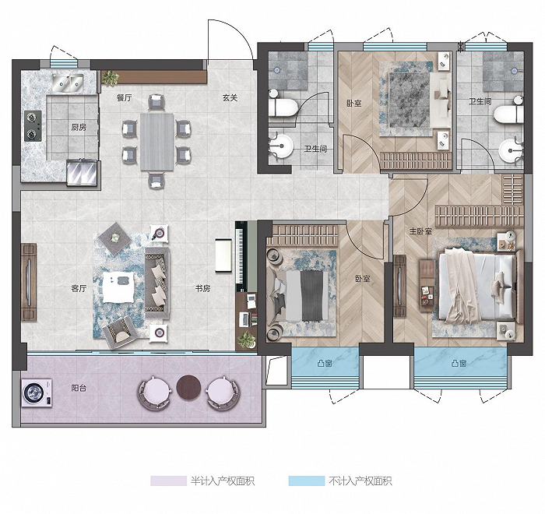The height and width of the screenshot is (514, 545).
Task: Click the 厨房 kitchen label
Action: [79, 127]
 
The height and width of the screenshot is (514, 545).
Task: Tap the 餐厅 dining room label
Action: [124, 97]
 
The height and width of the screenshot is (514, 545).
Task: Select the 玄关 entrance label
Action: [230, 97]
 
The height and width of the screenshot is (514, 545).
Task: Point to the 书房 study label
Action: [202, 288]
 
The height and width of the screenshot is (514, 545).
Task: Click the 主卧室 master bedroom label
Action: [420, 231]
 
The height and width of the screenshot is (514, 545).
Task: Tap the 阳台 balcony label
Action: [79, 388]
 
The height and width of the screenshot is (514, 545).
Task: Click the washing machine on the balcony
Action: [37, 393]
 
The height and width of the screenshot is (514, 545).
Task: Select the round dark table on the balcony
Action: [188, 387]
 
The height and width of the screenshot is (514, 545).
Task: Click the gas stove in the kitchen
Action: [33, 126]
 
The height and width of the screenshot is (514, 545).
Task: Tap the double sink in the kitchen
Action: [68, 83]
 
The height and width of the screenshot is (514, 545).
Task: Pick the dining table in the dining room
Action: [156, 142]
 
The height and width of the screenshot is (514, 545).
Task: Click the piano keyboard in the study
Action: [241, 256]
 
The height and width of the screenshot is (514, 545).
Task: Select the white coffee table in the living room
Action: [118, 287]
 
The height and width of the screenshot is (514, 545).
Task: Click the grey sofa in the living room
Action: [157, 283]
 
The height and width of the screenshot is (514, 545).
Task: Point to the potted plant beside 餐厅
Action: [111, 78]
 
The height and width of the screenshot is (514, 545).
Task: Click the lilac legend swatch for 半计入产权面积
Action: [169, 481]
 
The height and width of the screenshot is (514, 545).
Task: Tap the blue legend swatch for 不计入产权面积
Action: [307, 481]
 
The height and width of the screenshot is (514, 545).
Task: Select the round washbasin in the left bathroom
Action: [281, 146]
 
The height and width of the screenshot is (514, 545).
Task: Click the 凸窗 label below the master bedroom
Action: [459, 364]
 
